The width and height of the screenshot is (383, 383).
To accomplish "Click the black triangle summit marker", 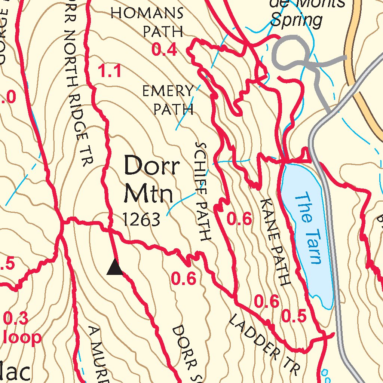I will point(115,268).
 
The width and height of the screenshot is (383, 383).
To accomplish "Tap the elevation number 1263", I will point(142,220).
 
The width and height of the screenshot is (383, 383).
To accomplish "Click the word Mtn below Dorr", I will point(149,194).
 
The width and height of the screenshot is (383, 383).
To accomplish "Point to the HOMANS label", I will point(147,13).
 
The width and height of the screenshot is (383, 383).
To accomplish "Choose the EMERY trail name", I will point(168,91).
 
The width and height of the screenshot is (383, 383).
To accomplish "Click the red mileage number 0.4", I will point(164,50).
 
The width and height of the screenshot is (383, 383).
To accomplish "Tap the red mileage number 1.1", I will point(110,71).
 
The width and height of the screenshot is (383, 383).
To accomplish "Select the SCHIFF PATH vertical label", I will point(202,191).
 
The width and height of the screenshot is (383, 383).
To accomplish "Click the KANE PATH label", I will point(275,242).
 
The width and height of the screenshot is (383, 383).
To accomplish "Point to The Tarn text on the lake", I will point(307,228).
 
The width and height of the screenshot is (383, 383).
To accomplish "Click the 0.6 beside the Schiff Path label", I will point(239,220).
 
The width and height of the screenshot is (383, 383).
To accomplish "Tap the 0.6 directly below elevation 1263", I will point(183,279).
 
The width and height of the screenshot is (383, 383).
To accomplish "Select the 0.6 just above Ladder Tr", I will point(267,301).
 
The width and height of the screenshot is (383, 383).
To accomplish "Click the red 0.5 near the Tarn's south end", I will point(294,317).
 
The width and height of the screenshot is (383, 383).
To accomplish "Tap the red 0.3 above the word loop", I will point(16,319).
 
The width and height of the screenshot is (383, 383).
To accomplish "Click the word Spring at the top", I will point(296,21).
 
